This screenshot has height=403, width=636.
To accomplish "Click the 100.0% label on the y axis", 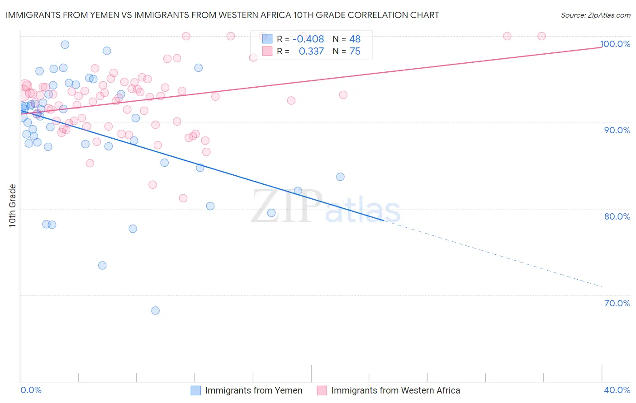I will [x=615, y=44].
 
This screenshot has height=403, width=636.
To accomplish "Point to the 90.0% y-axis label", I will [x=617, y=130].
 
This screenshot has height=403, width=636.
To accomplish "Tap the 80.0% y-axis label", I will [x=617, y=216].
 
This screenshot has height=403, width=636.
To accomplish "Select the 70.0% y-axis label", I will [x=617, y=303].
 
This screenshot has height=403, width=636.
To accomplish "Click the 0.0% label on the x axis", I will [x=31, y=390].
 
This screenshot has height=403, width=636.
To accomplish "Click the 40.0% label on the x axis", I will [x=617, y=390].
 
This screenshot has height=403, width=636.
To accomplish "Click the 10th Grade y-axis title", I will [x=12, y=206].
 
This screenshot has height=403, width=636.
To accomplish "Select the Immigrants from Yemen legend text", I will [x=253, y=390].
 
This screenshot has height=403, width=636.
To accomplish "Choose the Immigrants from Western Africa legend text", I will [x=395, y=390].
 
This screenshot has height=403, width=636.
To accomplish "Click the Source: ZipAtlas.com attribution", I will [x=595, y=15].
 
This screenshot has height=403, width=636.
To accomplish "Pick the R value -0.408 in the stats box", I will [x=308, y=39].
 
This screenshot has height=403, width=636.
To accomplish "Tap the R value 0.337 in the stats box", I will [x=311, y=52].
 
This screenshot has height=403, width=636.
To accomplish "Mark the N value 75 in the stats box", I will [x=355, y=52].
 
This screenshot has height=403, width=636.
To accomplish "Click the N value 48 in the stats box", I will [x=355, y=39].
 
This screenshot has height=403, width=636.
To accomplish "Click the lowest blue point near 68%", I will [x=155, y=310].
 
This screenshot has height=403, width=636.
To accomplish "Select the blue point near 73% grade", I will [x=102, y=265].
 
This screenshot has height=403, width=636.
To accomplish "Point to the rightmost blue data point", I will [x=340, y=177].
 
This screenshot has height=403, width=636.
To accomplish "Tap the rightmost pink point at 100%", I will [x=541, y=36].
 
